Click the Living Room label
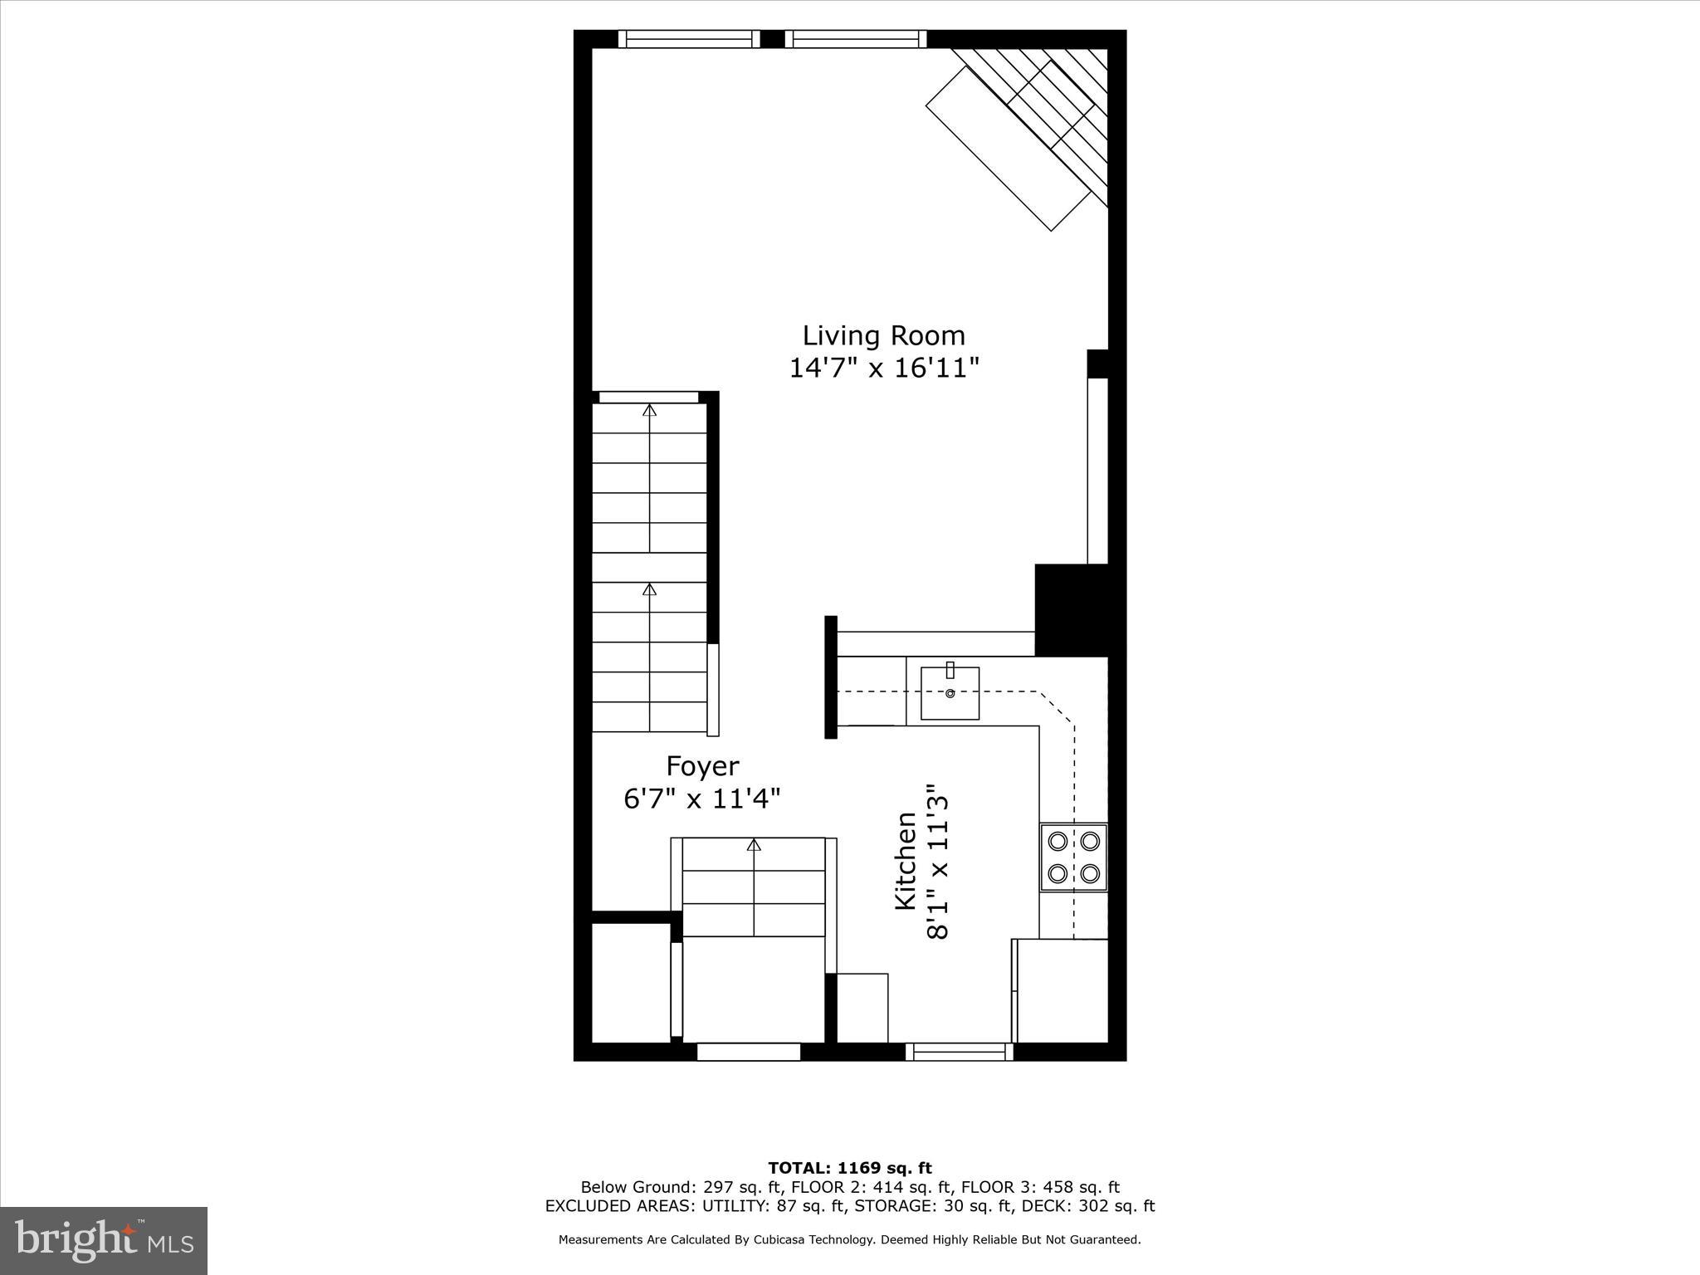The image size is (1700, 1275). pos(883,335)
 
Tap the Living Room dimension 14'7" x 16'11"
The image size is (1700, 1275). pos(883,368)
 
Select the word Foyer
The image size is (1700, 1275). pos(702,765)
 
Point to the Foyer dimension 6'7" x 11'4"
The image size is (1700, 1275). pos(702,799)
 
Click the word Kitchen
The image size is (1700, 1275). pos(906,861)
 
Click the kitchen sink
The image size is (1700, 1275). pos(950,693)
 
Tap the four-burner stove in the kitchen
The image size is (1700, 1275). pos(1073,857)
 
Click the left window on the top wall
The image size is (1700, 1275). pos(689,39)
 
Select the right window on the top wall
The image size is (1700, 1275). pos(856,39)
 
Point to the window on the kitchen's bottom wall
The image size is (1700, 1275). pos(960,1052)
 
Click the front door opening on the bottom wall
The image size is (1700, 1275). pos(748,1052)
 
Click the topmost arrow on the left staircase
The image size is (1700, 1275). pos(650,410)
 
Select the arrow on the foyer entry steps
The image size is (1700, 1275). pos(754,845)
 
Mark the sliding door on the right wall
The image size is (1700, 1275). pos(1097,471)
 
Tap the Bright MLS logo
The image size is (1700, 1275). pos(104,1241)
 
